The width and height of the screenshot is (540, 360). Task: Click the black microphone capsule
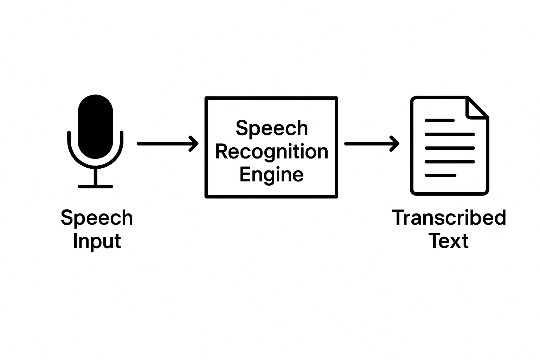95,127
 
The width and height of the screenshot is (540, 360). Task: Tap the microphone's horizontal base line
95,186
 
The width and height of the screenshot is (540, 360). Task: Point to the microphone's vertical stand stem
95,176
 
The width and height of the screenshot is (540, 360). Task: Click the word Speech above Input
97,218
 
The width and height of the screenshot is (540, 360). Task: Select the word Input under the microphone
97,241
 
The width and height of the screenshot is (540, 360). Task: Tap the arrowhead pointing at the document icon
395,143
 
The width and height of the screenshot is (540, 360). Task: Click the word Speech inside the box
271,128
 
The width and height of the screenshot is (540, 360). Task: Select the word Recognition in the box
271,152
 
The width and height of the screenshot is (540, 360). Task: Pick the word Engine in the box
271,174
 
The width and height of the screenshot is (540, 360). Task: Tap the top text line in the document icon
439,121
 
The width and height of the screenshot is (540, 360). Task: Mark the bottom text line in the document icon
440,175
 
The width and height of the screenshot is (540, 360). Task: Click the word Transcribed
449,218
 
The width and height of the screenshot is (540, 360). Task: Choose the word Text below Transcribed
449,241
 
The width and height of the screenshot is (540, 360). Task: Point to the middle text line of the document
450,148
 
